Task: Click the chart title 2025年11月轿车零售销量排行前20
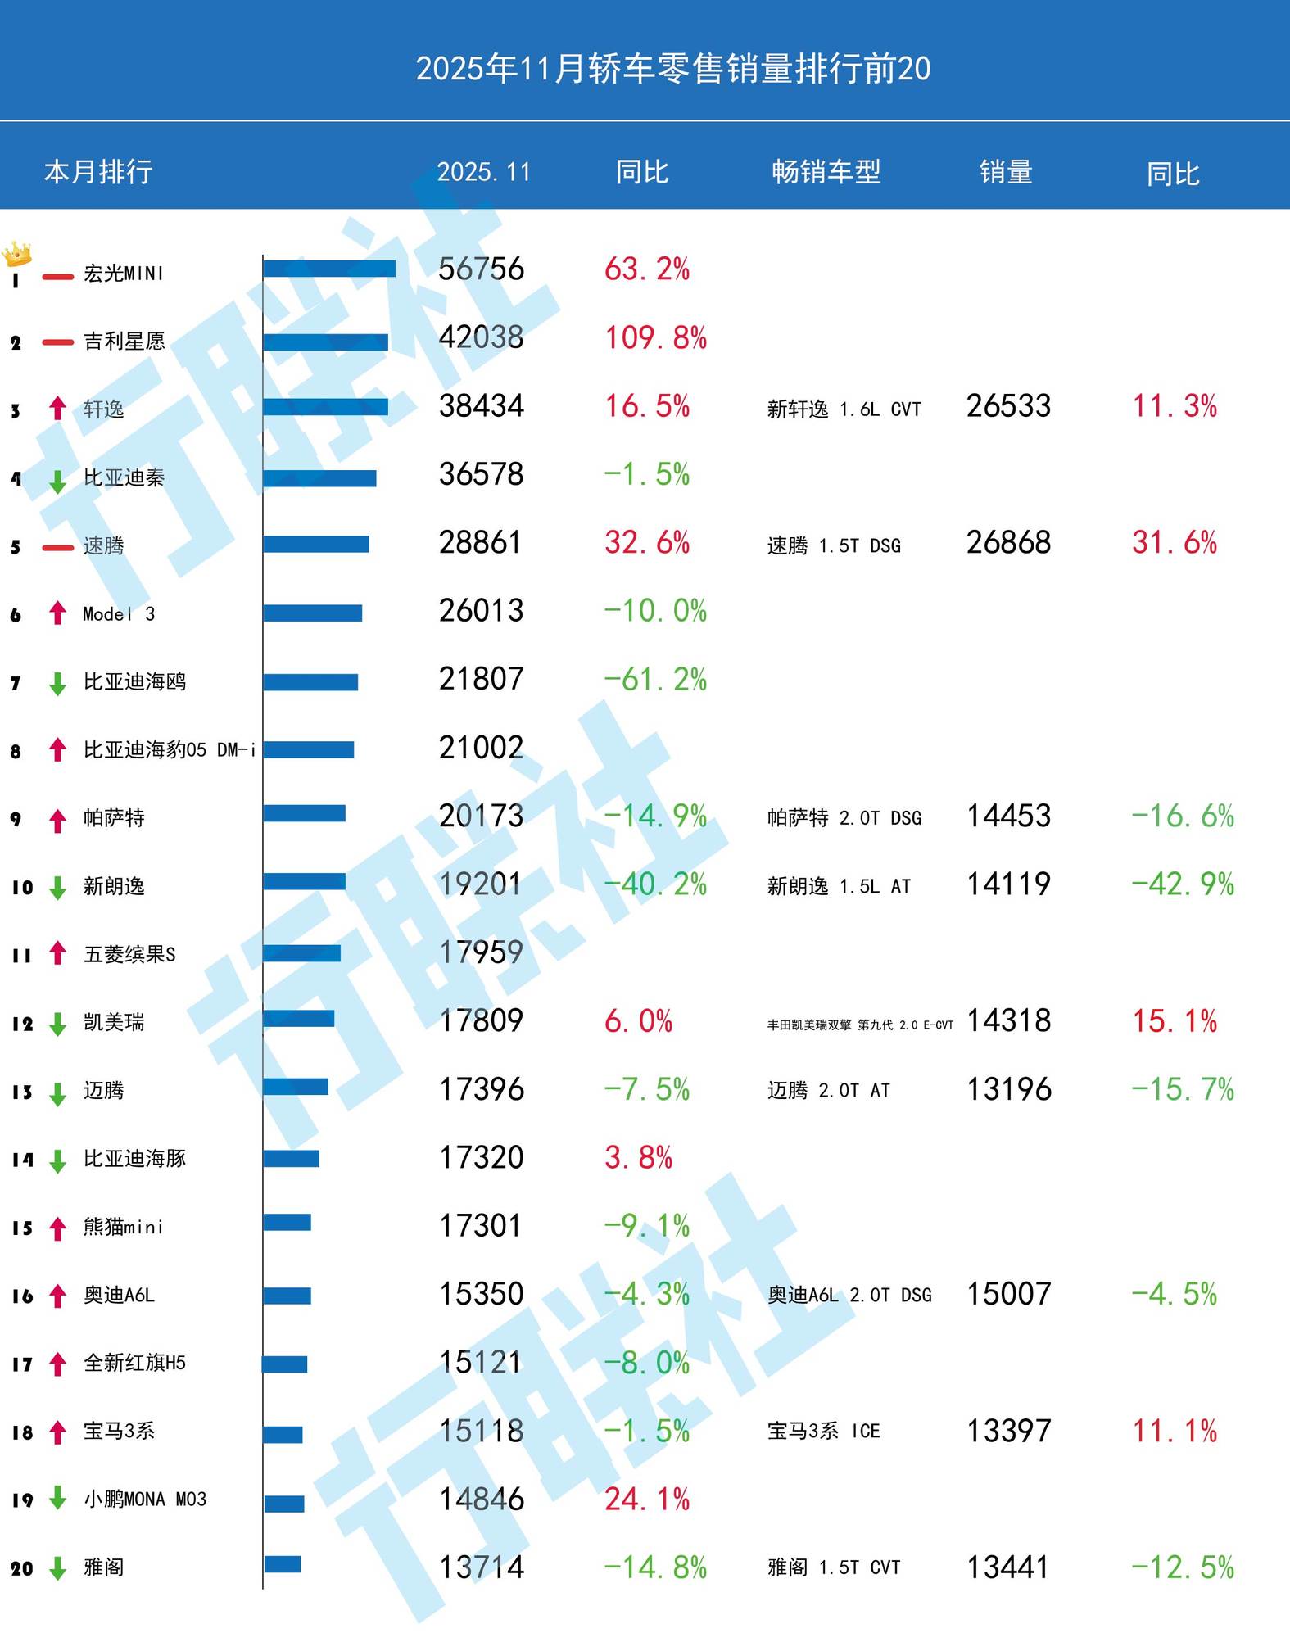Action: click(672, 69)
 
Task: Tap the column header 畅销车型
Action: click(826, 172)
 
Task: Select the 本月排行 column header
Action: click(98, 172)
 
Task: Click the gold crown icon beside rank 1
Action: click(17, 254)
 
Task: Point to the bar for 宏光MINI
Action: click(329, 269)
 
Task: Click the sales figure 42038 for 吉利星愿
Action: click(481, 337)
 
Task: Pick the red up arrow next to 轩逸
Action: click(57, 408)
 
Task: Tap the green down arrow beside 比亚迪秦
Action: click(57, 481)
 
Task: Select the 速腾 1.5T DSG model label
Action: click(834, 545)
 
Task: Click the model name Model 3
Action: click(119, 614)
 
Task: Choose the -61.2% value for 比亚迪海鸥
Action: click(655, 680)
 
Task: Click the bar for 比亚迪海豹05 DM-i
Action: click(309, 749)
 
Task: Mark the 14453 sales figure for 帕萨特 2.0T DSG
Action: click(1008, 816)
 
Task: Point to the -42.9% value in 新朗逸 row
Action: click(1183, 884)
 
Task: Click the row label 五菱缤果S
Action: click(129, 954)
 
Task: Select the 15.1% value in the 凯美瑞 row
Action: click(1175, 1021)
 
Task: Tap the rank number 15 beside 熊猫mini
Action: click(22, 1228)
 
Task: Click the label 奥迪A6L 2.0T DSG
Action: click(849, 1296)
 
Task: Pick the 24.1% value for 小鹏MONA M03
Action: click(647, 1500)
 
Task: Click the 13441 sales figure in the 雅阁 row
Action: click(1008, 1567)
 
